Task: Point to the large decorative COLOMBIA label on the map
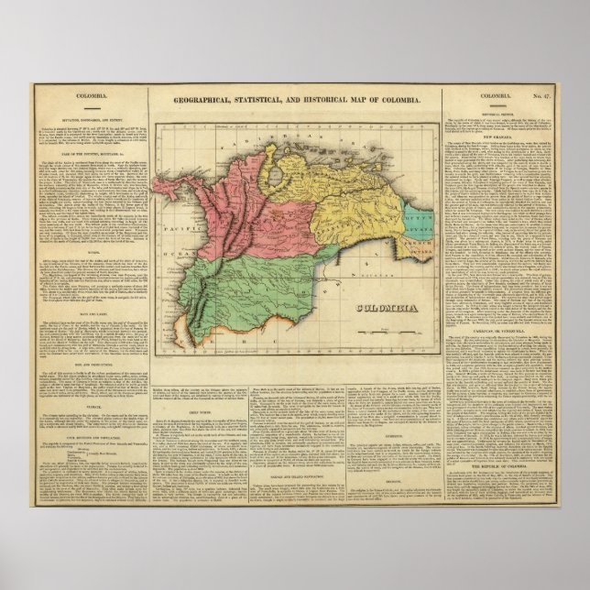381,310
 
